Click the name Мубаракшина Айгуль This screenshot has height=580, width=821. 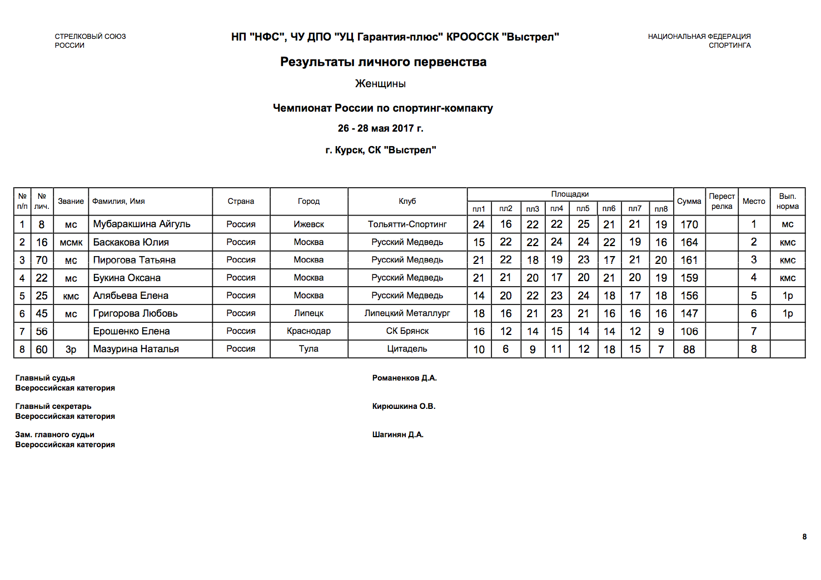[142, 224]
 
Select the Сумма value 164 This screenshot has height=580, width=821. [689, 242]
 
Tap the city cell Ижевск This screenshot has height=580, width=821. [309, 224]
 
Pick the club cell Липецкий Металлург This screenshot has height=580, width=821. [407, 313]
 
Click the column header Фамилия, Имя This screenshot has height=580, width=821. [118, 202]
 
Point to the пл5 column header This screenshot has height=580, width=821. [583, 209]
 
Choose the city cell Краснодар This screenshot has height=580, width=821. [309, 331]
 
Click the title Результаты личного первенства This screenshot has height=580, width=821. [383, 62]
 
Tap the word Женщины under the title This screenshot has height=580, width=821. [380, 84]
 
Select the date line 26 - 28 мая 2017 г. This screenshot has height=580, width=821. [380, 128]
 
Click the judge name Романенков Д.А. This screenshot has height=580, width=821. [405, 378]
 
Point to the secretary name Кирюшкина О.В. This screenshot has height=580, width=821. [404, 407]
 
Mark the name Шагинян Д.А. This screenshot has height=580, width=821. [398, 435]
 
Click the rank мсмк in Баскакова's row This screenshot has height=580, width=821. [71, 242]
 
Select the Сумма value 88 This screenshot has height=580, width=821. [689, 349]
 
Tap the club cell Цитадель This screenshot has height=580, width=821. [407, 349]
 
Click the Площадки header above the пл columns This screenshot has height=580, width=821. [570, 194]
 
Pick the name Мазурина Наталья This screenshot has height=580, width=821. [136, 349]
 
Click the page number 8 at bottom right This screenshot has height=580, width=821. [804, 537]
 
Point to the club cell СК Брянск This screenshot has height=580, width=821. [407, 331]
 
